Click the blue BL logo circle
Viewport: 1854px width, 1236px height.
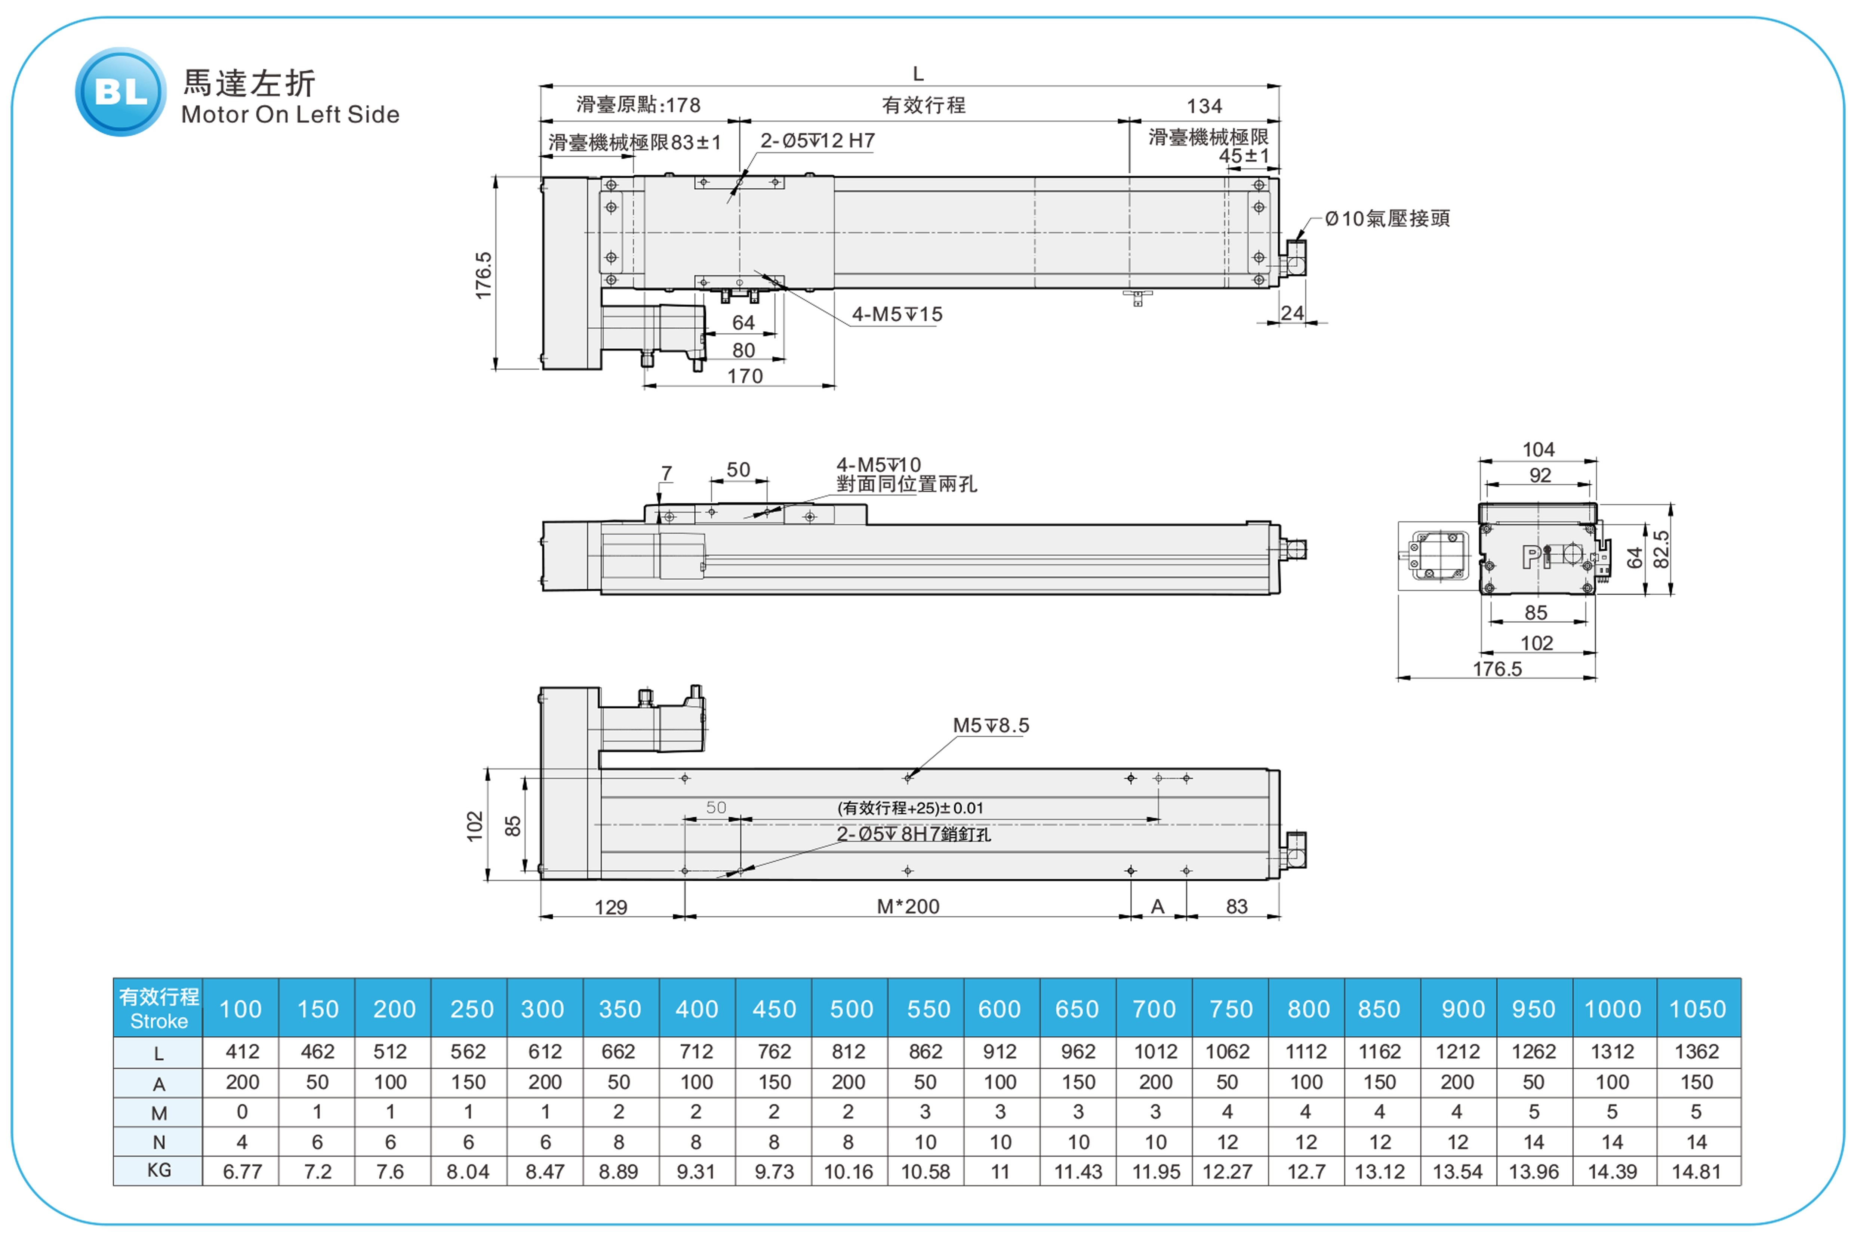[x=121, y=92]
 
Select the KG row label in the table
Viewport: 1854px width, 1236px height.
[x=158, y=1171]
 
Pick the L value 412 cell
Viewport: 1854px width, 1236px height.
[x=242, y=1051]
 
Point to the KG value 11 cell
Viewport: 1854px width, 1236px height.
[x=1000, y=1171]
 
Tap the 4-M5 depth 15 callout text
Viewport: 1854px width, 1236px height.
[x=897, y=315]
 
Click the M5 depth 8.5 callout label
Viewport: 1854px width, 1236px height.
[x=991, y=725]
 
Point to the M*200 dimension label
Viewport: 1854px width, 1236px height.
[x=908, y=906]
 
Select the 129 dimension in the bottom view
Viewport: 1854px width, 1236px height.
[x=611, y=907]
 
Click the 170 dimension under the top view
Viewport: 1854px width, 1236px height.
[x=745, y=376]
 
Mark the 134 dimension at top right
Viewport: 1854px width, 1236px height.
[x=1204, y=106]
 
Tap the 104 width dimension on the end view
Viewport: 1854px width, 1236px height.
[x=1538, y=449]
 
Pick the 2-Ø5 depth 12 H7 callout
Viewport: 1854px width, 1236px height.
[x=817, y=140]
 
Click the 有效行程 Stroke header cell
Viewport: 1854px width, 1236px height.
[x=158, y=1008]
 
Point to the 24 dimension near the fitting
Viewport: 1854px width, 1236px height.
[x=1292, y=313]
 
